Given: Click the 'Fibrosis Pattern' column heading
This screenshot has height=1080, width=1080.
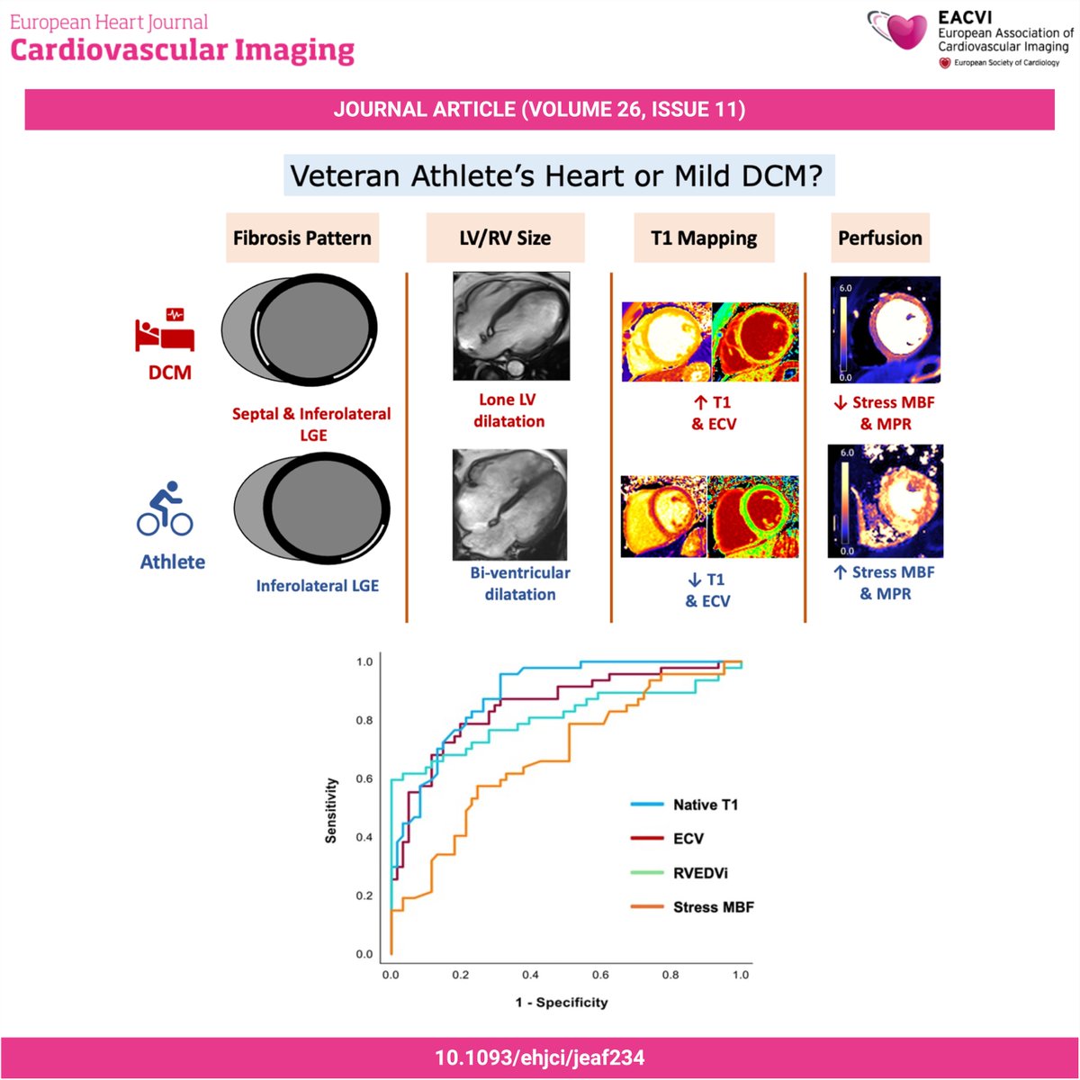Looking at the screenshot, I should pos(302,238).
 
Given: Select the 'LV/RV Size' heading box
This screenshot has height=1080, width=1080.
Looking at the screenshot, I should pos(506,238).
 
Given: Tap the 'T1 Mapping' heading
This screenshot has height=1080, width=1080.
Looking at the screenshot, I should pos(705,238).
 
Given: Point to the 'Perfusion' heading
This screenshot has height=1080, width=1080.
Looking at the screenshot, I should pos(879,238).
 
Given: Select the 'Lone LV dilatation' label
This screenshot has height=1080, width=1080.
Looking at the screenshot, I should pos(508,410).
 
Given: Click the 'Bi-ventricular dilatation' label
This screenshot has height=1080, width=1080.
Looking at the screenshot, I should pos(519,583).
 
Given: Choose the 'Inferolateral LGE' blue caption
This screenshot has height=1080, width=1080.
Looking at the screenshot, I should pos(317,586).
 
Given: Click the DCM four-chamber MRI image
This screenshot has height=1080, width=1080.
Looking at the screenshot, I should pos(510,327).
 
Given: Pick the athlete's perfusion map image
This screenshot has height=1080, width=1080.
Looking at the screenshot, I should pos(885,500).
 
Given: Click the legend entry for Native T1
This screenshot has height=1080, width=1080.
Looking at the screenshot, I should pos(705,805).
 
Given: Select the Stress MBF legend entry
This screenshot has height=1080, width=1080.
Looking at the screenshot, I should pos(713,907).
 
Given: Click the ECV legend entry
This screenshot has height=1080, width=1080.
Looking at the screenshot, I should pos(688,839).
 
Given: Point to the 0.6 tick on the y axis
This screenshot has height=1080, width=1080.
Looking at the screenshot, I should pos(364,778).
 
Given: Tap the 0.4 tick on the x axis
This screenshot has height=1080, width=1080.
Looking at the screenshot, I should pos(530,975).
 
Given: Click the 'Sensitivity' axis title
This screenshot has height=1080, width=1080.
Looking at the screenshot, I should pos(331,810).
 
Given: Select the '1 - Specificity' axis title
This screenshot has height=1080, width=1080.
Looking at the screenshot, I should pos(562,1002).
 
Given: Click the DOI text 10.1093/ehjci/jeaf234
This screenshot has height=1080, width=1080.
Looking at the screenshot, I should pos(540,1057).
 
